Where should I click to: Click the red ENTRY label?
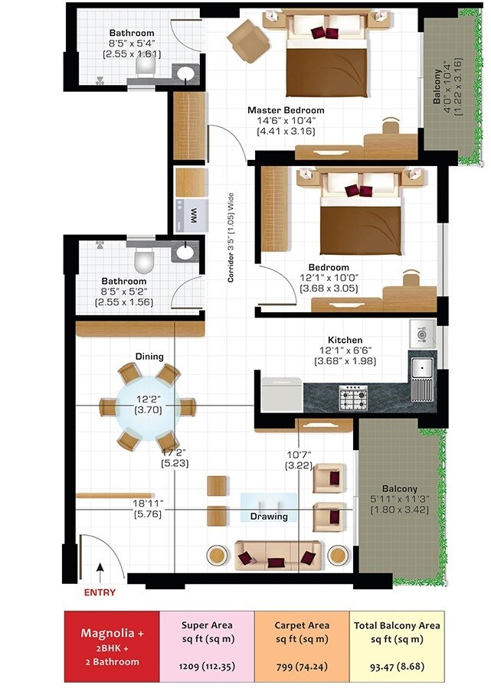(100, 592)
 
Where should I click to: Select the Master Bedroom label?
(285, 110)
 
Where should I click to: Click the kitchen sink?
(422, 378)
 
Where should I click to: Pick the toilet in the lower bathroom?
(143, 262)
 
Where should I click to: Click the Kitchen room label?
(345, 340)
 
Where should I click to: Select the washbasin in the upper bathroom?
(185, 74)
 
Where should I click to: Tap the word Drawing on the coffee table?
(268, 517)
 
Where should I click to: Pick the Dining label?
(149, 357)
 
